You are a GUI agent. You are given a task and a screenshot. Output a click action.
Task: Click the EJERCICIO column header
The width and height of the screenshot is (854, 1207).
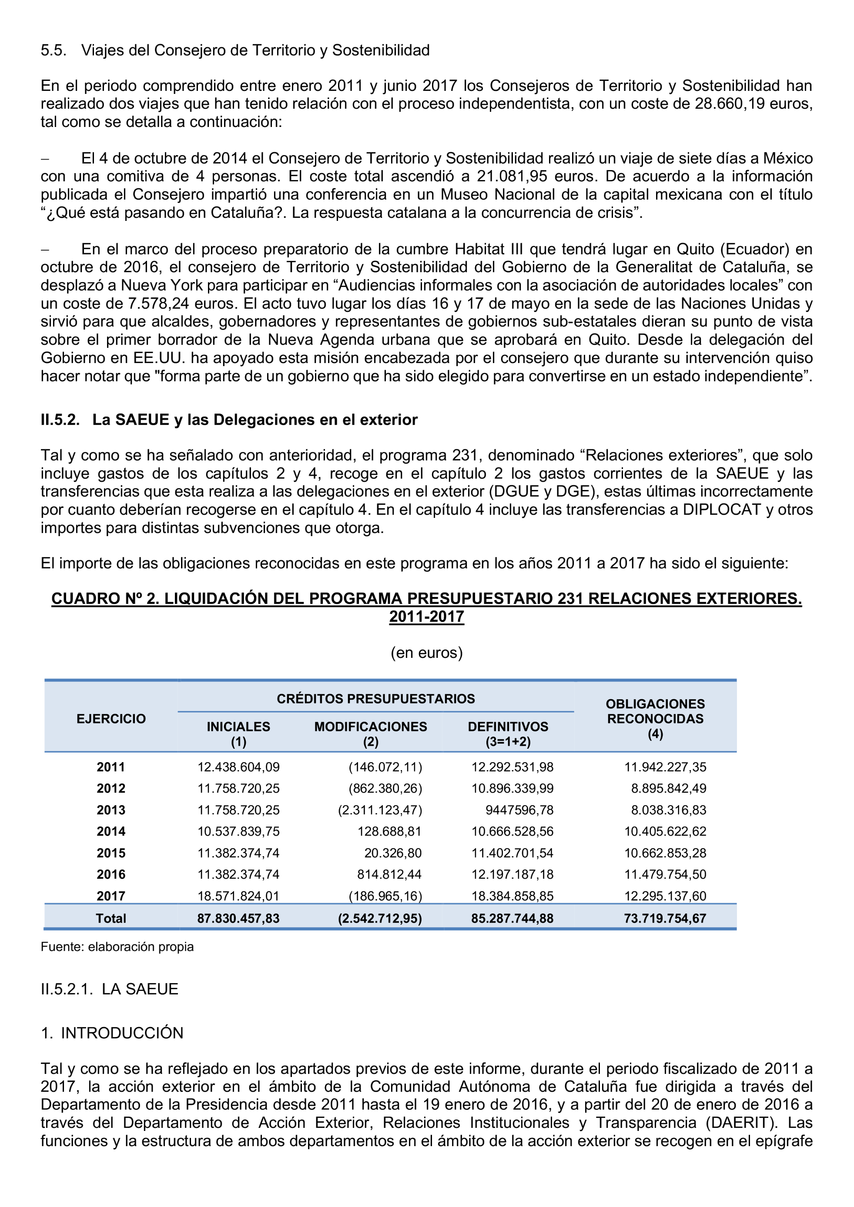(111, 719)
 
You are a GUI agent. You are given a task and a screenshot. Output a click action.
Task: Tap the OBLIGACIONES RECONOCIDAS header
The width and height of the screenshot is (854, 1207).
(655, 719)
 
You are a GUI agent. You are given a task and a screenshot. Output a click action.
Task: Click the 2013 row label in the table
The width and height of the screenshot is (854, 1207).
(111, 810)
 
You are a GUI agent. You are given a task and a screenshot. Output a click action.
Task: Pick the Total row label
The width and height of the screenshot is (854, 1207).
(111, 918)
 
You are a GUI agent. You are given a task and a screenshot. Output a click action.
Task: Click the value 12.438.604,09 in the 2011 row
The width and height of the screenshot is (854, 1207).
(238, 767)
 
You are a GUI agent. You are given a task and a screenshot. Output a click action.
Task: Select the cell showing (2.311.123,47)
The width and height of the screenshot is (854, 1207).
(380, 810)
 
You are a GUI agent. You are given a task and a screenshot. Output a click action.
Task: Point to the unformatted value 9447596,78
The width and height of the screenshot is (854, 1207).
(519, 810)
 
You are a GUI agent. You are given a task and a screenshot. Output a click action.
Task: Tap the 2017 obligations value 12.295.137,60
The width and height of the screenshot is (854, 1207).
(665, 896)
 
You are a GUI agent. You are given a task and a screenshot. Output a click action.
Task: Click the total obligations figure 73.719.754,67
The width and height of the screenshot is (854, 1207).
(665, 918)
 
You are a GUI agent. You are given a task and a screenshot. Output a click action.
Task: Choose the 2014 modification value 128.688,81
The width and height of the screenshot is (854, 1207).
(388, 831)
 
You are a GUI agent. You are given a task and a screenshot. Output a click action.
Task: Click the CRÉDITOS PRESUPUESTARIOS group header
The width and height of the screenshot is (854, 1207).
(375, 699)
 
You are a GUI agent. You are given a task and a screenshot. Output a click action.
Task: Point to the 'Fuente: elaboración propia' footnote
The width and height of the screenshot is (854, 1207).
(117, 947)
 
